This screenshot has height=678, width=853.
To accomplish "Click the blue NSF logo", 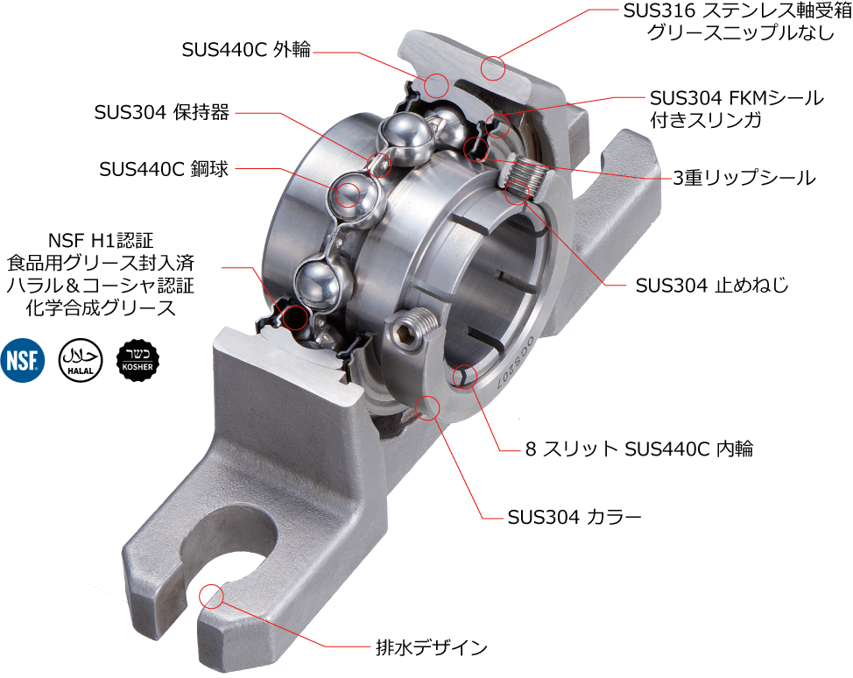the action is pyautogui.click(x=22, y=360).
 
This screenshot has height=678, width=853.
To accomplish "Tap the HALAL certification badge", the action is pyautogui.click(x=81, y=360).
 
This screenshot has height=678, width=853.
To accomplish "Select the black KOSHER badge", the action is pyautogui.click(x=137, y=360).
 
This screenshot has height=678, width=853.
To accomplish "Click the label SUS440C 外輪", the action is pyautogui.click(x=246, y=50).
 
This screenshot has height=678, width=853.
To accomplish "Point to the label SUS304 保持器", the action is pyautogui.click(x=161, y=112).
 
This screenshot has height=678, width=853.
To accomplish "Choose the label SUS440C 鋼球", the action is pyautogui.click(x=164, y=169).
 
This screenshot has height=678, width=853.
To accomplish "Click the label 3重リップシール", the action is pyautogui.click(x=744, y=178).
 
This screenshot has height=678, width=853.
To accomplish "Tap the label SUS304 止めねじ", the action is pyautogui.click(x=711, y=286).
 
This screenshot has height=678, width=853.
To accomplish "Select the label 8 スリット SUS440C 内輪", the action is pyautogui.click(x=639, y=448).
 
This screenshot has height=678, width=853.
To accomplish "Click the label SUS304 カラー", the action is pyautogui.click(x=574, y=517).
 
